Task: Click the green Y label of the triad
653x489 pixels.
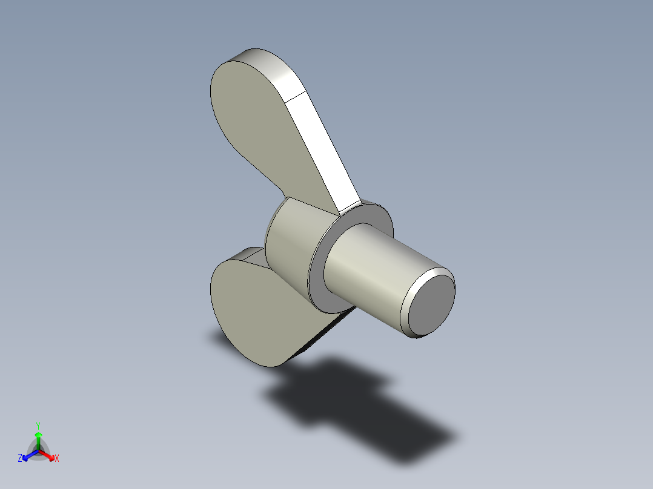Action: pos(38,425)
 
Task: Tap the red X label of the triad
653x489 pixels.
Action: pos(57,459)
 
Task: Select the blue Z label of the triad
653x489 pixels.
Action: pos(20,459)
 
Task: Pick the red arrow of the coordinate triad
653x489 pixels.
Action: pos(48,455)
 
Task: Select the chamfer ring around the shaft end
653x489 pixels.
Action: pos(410,303)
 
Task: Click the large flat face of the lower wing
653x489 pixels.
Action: pos(254,315)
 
